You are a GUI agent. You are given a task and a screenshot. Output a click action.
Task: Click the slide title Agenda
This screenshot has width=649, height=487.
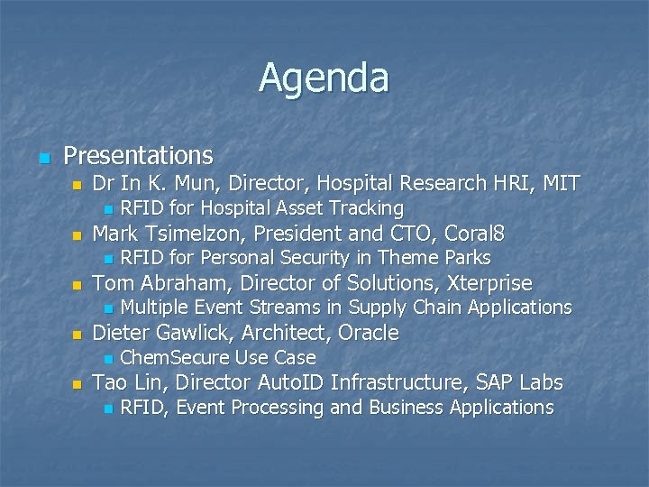click(324, 78)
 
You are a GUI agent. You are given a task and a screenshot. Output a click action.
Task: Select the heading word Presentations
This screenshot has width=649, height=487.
click(139, 156)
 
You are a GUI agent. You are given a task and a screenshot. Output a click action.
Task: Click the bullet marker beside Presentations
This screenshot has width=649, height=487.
click(42, 158)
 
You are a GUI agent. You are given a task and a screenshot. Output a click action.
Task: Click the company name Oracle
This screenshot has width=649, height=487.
click(368, 333)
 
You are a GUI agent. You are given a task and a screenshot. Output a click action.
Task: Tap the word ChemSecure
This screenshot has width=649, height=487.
click(173, 357)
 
